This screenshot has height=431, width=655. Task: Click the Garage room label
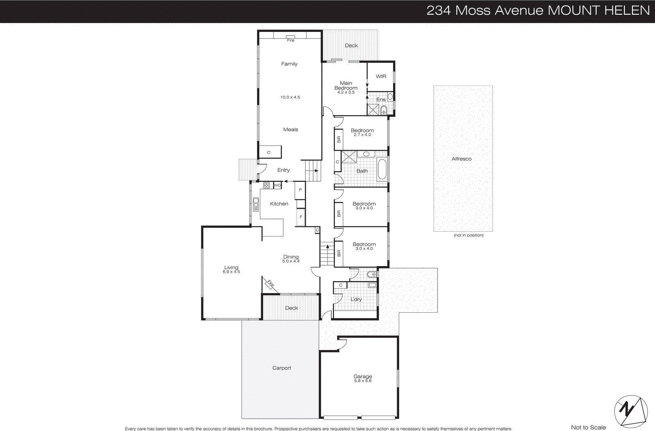pyautogui.click(x=363, y=376)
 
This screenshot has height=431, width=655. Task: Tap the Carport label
pyautogui.click(x=282, y=368)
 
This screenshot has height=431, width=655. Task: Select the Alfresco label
pyautogui.click(x=461, y=159)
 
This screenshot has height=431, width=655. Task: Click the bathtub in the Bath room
pyautogui.click(x=382, y=169)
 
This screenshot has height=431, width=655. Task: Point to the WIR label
pyautogui.click(x=381, y=77)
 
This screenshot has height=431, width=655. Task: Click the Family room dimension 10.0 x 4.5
pyautogui.click(x=290, y=97)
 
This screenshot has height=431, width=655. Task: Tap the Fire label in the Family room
pyautogui.click(x=291, y=40)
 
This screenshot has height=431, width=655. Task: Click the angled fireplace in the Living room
pyautogui.click(x=271, y=284)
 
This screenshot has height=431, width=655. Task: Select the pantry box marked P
pyautogui.click(x=300, y=190)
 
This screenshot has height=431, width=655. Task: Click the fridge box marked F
pyautogui.click(x=301, y=217)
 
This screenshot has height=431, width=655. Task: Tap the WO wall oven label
pyautogui.click(x=278, y=185)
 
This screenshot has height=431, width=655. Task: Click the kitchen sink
pyautogui.click(x=256, y=204)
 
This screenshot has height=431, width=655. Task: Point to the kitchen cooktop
pyautogui.click(x=267, y=185)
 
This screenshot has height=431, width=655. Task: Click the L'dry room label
pyautogui.click(x=356, y=300)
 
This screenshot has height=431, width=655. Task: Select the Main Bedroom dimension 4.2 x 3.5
pyautogui.click(x=346, y=93)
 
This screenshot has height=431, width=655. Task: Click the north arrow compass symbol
pyautogui.click(x=631, y=411)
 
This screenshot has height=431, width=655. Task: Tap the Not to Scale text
pyautogui.click(x=588, y=427)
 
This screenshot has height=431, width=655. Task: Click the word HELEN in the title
pyautogui.click(x=627, y=10)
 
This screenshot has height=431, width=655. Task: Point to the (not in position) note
pyautogui.click(x=468, y=235)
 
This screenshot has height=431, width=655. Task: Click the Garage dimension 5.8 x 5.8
pyautogui.click(x=363, y=381)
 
